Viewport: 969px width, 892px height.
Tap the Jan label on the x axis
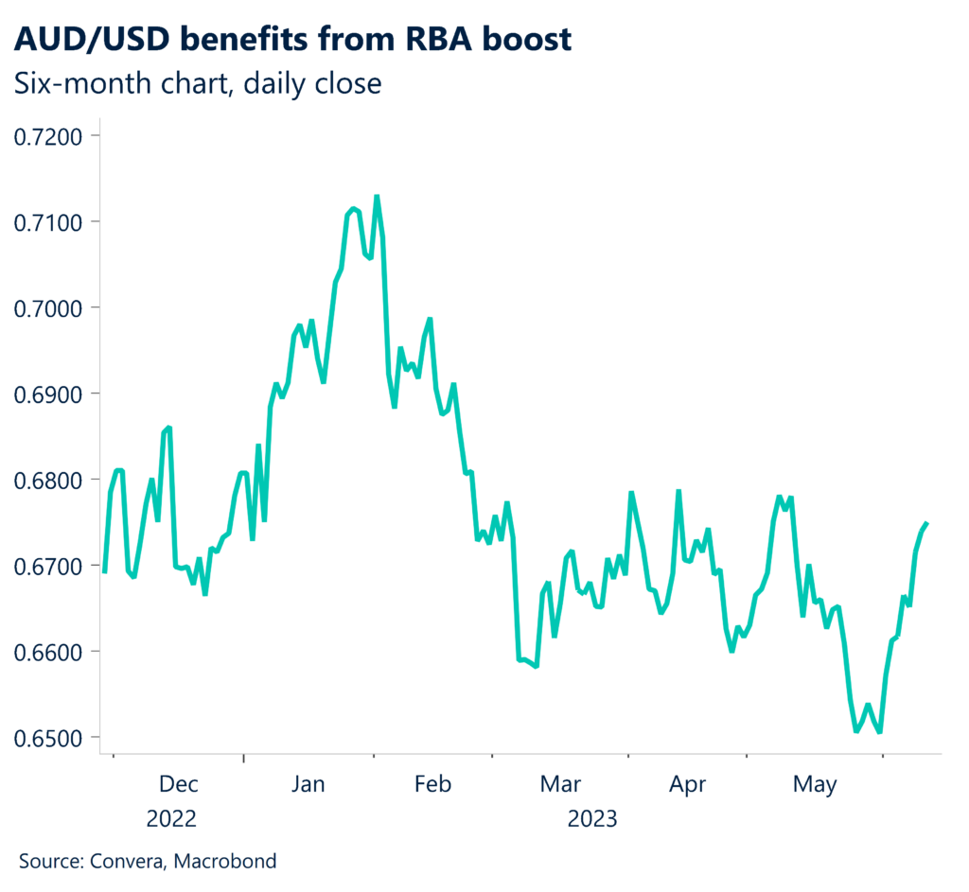coord(308,784)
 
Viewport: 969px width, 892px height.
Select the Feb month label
coord(432,784)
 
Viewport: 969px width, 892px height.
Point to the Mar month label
coord(559,784)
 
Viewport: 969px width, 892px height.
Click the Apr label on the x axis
coord(687,784)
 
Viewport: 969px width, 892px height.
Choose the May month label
coord(815,784)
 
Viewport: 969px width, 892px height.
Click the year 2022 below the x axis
coord(171,818)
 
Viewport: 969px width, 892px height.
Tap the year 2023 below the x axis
coord(592,818)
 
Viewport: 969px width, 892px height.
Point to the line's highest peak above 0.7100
coord(377,197)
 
